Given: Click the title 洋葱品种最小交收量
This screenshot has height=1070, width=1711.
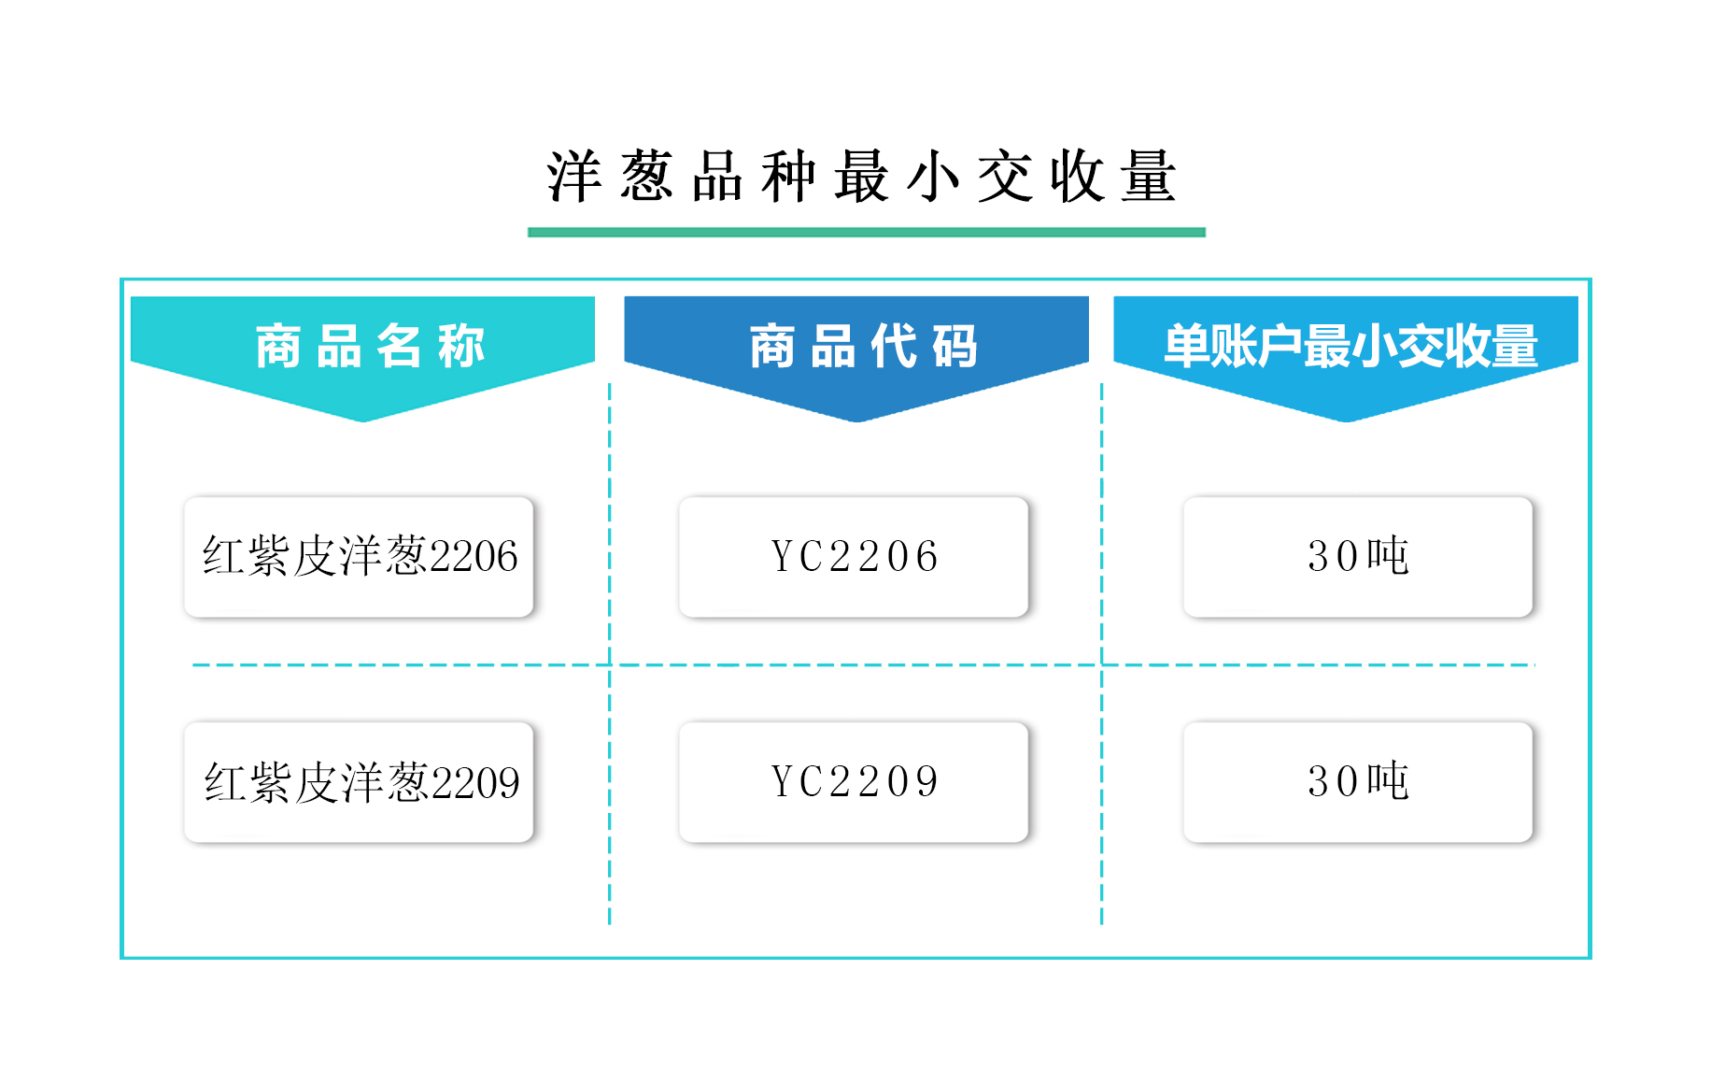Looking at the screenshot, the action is click(861, 176).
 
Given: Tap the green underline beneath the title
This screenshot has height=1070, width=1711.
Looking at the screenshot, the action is click(867, 232).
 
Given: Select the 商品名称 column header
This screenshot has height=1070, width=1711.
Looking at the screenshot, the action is click(370, 346).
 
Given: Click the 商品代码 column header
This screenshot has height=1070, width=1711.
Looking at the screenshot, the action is click(864, 346).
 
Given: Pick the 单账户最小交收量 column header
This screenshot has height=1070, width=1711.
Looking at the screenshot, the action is click(1350, 346).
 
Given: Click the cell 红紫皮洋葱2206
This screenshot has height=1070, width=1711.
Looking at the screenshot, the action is click(360, 557).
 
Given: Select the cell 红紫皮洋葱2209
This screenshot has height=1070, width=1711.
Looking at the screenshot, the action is click(360, 782).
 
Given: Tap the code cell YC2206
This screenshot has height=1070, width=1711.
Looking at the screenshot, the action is click(854, 557).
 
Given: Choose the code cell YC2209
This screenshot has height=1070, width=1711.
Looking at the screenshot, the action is click(854, 782).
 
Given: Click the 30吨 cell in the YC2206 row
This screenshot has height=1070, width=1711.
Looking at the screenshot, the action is click(1358, 557).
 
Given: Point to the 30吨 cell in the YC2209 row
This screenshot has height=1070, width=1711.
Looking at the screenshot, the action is click(1358, 782).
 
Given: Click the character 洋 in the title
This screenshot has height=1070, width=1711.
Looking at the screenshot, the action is click(573, 176).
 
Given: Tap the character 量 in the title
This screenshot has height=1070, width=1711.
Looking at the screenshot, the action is click(1149, 176).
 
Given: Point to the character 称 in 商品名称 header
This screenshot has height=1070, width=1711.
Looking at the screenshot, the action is click(461, 346).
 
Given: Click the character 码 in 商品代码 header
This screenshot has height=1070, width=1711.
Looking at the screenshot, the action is click(954, 346).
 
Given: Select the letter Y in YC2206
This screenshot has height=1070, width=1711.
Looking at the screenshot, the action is click(783, 557).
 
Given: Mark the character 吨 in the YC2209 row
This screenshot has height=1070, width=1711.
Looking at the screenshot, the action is click(1388, 780).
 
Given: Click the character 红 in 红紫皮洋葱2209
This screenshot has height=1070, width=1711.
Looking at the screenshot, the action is click(225, 782).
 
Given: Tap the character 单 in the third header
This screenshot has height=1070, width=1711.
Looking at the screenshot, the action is click(1186, 346).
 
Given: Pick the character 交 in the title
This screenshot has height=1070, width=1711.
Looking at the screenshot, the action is click(1005, 176).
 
